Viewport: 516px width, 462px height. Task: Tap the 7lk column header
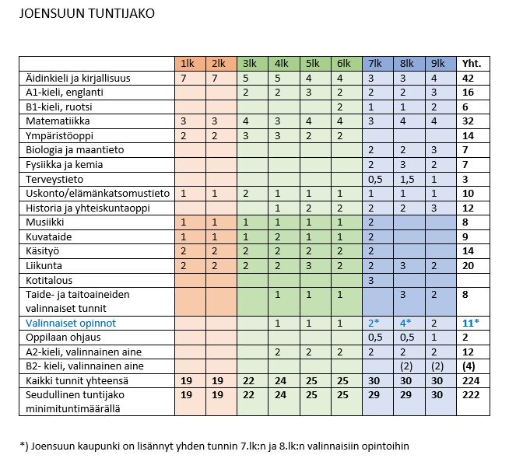coord(374,64)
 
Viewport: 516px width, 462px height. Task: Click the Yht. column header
coord(472,64)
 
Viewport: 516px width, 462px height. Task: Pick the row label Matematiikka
coord(52,121)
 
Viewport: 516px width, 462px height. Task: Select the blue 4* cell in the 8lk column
coord(405,322)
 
